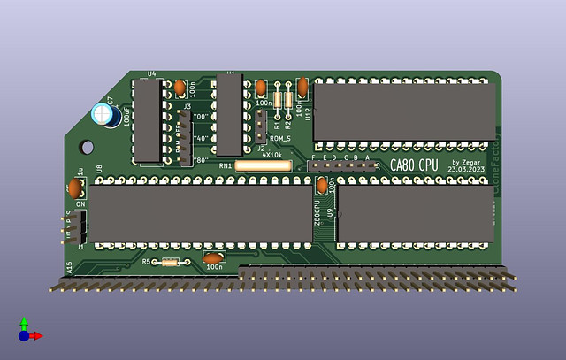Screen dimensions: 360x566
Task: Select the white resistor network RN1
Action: click(264, 165)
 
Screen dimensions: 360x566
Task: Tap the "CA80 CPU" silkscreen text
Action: click(414, 165)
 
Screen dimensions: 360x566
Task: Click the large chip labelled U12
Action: click(403, 111)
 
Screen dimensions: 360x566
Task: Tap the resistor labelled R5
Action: click(170, 262)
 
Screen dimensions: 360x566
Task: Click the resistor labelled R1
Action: click(279, 100)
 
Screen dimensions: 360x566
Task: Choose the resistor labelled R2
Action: click(288, 100)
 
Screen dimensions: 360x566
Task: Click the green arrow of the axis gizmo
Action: click(24, 324)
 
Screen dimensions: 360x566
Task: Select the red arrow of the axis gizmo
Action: click(36, 336)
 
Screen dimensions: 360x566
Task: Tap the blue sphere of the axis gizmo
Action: click(24, 336)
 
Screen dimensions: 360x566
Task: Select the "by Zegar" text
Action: click(468, 162)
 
